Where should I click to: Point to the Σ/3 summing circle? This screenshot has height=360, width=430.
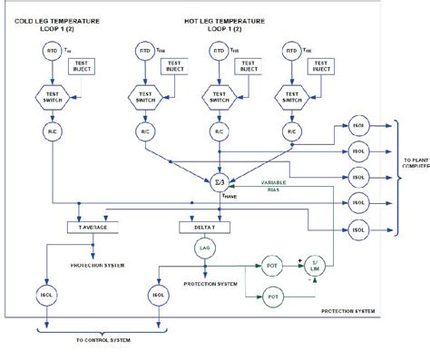(x=217, y=175)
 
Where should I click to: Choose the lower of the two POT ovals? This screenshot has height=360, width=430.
(x=271, y=295)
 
